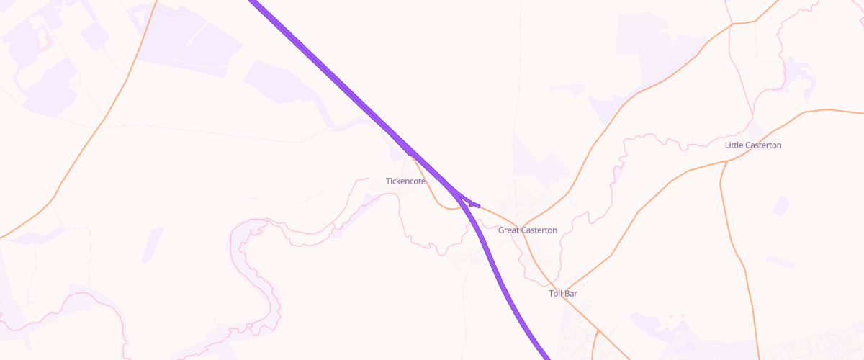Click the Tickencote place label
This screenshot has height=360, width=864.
pos(405,181)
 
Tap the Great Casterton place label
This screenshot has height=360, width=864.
pos(527,230)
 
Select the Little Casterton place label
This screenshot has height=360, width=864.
pos(752,145)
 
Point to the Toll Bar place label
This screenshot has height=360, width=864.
pos(562,294)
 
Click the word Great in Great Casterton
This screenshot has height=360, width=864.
pos(509,230)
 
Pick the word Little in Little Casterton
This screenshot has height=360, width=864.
pos(734,145)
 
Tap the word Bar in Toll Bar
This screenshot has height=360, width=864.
pos(571,294)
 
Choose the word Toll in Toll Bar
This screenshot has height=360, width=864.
pos(556,294)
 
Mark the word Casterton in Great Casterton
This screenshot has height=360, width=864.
pos(539,230)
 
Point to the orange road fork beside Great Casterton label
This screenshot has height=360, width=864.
pos(523,225)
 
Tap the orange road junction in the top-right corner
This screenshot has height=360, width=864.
pos(732,24)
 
